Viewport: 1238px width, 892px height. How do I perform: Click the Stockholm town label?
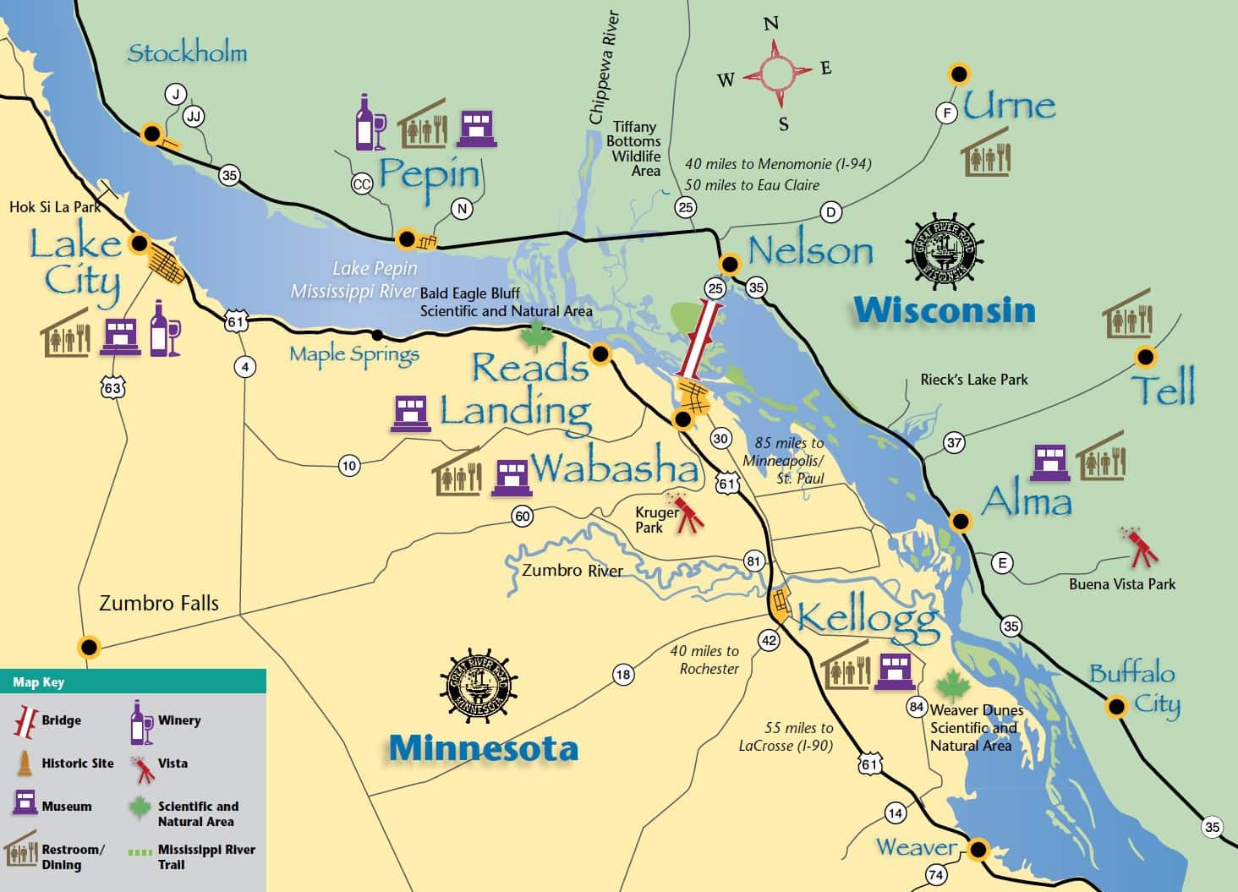point(187,52)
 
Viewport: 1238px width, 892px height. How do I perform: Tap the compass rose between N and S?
point(776,73)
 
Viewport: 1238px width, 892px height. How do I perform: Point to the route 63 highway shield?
point(112,387)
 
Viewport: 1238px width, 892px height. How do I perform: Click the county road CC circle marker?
point(362,184)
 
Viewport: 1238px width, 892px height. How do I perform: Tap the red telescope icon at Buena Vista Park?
point(1142,548)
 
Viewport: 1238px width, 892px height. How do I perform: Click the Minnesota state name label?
point(483,748)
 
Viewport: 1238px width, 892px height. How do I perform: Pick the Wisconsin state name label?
point(944,310)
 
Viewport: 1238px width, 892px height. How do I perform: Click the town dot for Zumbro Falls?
point(89,648)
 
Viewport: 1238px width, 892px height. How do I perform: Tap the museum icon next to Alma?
point(1050,462)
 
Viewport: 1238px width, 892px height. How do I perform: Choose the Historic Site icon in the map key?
point(25,763)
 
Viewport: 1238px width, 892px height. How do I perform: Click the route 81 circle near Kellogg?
point(753,561)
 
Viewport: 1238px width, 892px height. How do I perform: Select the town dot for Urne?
point(959,74)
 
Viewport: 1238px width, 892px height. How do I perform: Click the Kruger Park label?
point(656,520)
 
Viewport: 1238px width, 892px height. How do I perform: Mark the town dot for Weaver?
point(978,849)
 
